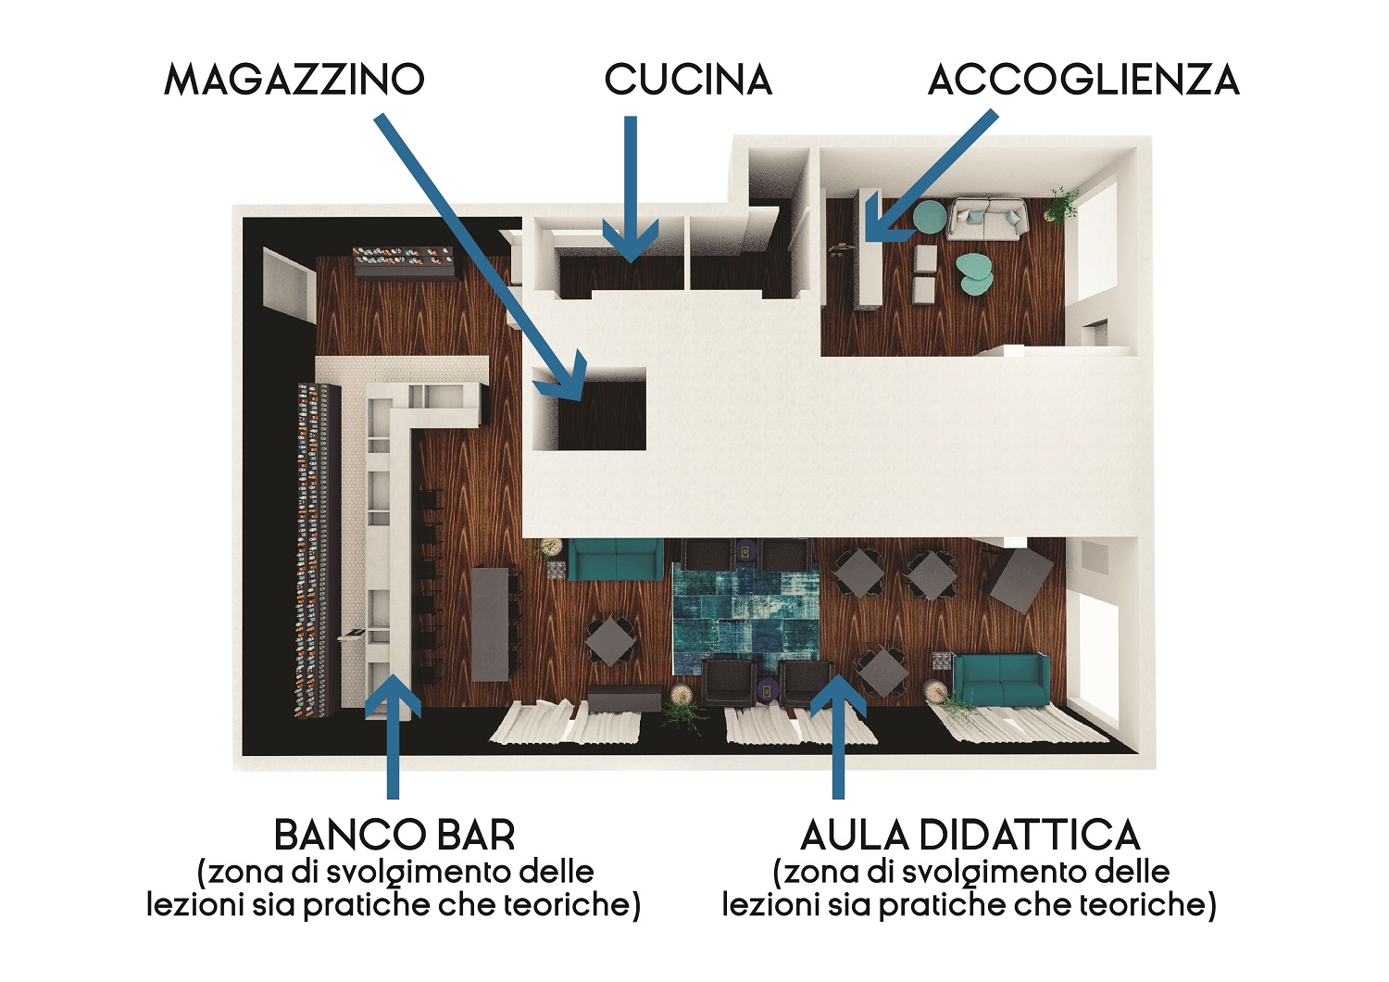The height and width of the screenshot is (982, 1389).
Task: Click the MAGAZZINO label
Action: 294,80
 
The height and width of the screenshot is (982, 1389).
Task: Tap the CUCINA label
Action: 688,80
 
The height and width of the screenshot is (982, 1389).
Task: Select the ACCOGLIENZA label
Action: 1083,80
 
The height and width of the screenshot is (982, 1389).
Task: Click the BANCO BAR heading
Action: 394,835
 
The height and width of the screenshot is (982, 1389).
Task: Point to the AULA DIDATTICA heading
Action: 970,835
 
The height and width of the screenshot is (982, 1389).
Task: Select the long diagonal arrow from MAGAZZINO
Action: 482,257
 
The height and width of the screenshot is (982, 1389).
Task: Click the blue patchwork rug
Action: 746,620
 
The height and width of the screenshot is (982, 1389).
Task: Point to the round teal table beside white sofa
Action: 929,218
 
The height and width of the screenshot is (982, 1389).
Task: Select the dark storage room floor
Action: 602,414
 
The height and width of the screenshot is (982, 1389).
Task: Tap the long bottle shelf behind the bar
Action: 318,551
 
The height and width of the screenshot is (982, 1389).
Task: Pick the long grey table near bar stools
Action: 490,623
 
